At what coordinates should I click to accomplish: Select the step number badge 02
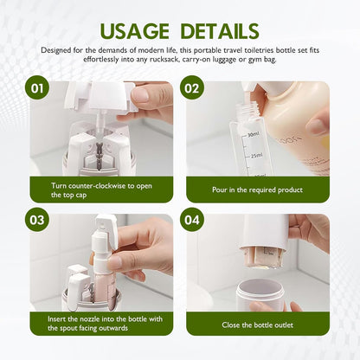(x=192, y=88)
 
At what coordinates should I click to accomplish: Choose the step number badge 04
(x=192, y=221)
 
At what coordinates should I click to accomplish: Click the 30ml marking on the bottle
(x=253, y=134)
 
